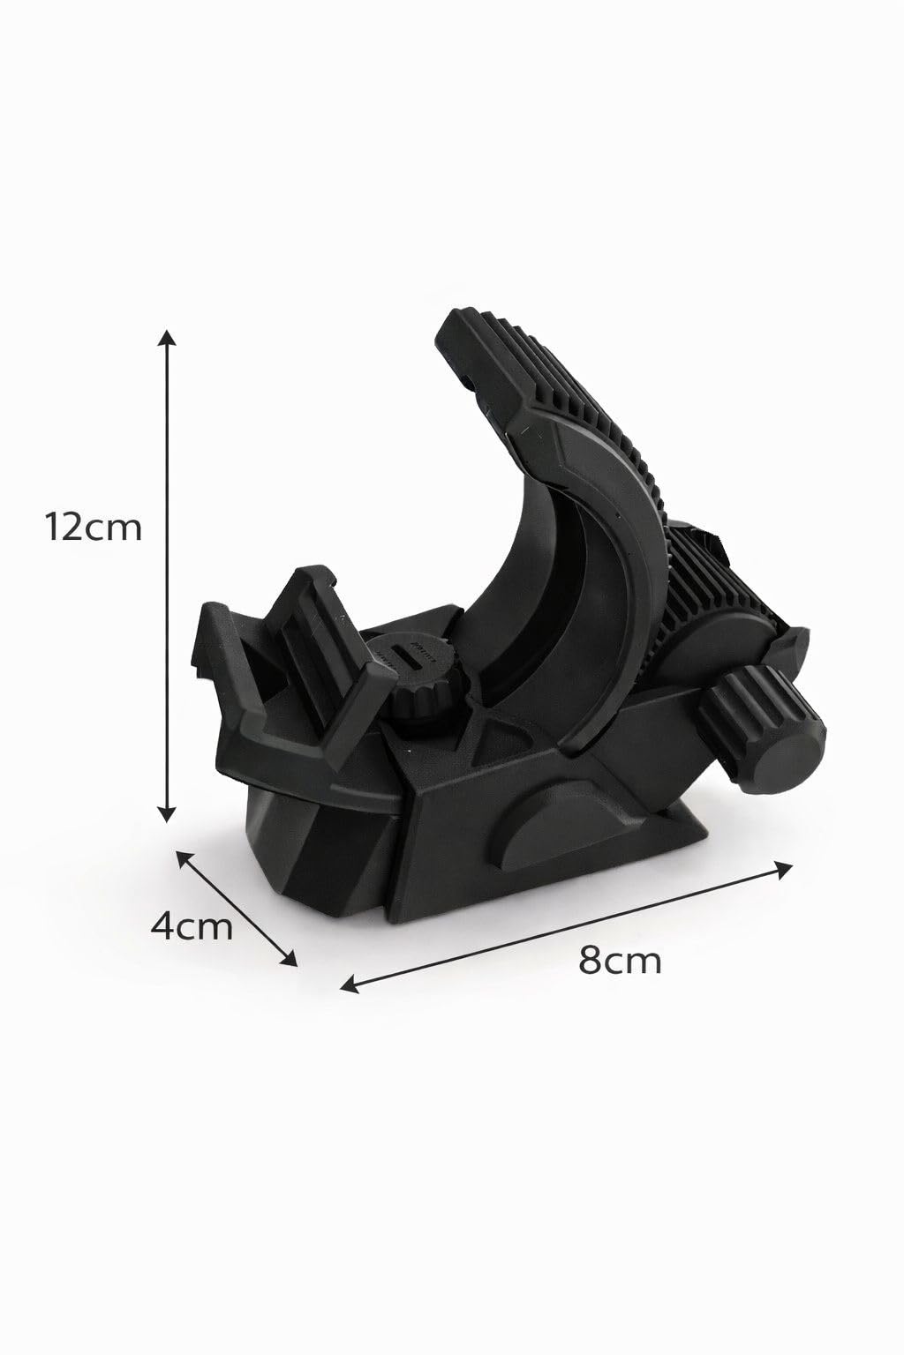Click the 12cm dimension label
[94, 527]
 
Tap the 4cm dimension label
[192, 926]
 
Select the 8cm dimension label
[620, 960]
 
